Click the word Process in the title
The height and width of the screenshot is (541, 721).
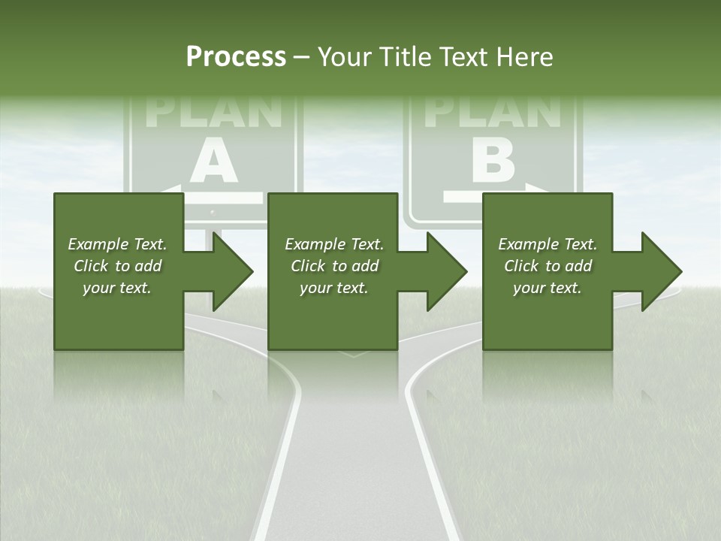pyautogui.click(x=236, y=57)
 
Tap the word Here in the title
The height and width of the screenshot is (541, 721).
pyautogui.click(x=524, y=57)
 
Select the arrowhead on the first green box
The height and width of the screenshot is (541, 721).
pyautogui.click(x=228, y=271)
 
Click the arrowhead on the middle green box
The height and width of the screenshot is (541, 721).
pyautogui.click(x=443, y=271)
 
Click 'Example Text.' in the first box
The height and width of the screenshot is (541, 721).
pyautogui.click(x=118, y=244)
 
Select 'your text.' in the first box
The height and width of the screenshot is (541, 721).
pyautogui.click(x=118, y=288)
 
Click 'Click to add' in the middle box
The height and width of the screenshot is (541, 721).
pyautogui.click(x=334, y=266)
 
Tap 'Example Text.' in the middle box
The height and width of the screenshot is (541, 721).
pyautogui.click(x=334, y=244)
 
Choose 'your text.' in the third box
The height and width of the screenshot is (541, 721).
pyautogui.click(x=548, y=288)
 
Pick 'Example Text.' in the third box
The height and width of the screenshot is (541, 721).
pyautogui.click(x=548, y=244)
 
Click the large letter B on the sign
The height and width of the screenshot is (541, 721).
pyautogui.click(x=493, y=161)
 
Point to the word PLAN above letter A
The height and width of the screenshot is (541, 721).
pyautogui.click(x=214, y=112)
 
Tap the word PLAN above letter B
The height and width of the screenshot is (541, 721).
pyautogui.click(x=493, y=112)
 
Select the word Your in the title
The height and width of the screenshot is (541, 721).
pyautogui.click(x=345, y=57)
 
